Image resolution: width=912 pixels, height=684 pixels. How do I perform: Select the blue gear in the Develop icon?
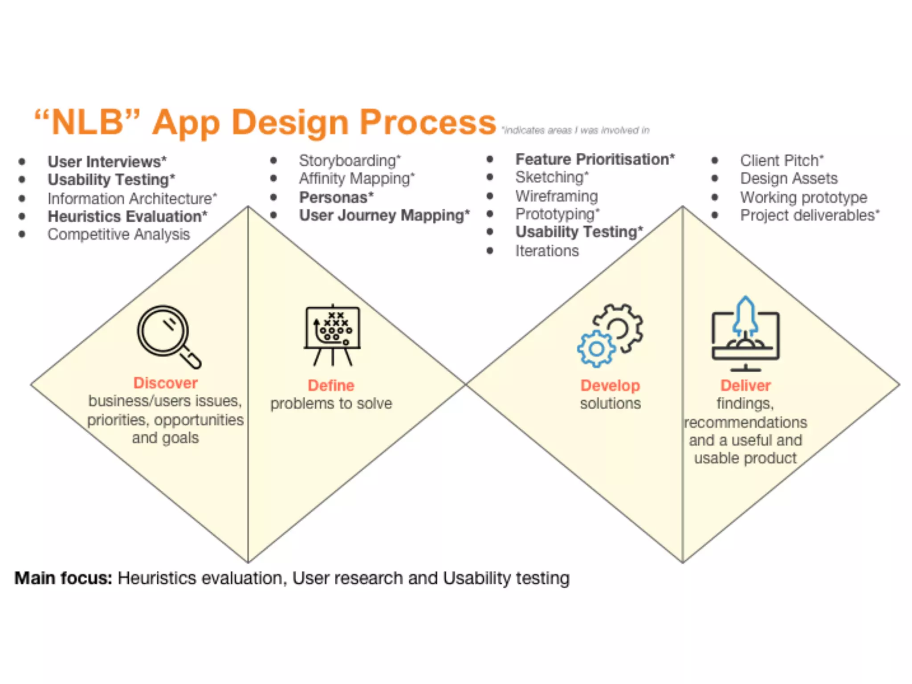click(x=596, y=349)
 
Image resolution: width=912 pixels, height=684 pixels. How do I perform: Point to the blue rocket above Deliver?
click(x=746, y=317)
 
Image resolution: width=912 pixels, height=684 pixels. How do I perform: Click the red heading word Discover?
click(x=165, y=383)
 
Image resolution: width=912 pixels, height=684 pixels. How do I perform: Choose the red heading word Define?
click(x=331, y=385)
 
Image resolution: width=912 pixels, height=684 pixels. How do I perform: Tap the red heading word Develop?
click(x=610, y=385)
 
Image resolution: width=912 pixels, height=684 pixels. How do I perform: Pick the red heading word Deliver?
click(x=745, y=385)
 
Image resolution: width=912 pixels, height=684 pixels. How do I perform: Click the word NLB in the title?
click(x=87, y=122)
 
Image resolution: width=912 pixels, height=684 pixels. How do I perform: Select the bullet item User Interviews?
click(x=107, y=161)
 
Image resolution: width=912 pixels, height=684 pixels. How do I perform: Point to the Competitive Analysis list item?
click(x=118, y=234)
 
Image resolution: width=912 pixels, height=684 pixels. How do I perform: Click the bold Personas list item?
click(x=336, y=197)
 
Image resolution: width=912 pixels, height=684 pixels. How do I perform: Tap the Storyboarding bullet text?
click(x=350, y=160)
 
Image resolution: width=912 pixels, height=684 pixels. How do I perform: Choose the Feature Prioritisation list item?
click(x=595, y=159)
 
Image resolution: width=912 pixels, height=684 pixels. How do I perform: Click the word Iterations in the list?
click(x=547, y=251)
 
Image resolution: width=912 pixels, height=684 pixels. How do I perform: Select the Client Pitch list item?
click(x=782, y=160)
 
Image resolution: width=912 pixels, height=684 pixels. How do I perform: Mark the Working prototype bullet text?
click(x=803, y=197)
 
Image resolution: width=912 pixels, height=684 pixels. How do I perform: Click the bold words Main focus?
click(x=63, y=578)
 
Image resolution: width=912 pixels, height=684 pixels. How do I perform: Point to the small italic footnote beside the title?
click(x=575, y=130)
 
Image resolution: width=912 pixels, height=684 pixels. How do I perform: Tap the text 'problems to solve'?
click(x=331, y=403)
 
